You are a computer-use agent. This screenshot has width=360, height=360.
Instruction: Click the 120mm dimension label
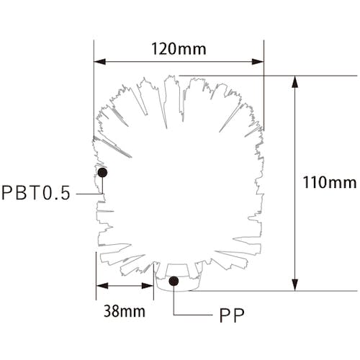point(179,49)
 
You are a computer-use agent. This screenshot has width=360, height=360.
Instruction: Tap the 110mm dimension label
point(330,182)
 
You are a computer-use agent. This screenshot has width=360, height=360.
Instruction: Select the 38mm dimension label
point(125,311)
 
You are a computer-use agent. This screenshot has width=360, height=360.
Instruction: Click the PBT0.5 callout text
point(36,193)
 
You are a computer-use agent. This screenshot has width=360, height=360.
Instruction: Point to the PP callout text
point(232,315)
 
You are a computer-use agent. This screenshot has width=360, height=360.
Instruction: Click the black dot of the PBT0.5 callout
point(102,172)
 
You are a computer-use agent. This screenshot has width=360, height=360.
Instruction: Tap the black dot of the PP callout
point(174,281)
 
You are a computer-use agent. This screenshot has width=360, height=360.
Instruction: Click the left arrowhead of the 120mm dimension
point(99,62)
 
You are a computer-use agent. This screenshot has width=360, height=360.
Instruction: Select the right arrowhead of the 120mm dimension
point(258,62)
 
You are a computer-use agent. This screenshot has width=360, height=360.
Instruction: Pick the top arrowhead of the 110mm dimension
point(295,81)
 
